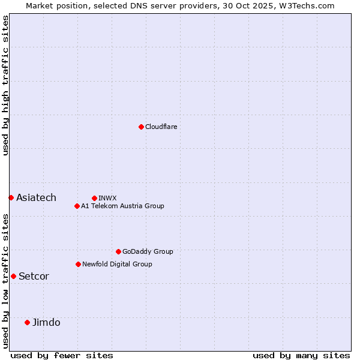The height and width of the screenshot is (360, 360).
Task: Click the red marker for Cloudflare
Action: coord(141,127)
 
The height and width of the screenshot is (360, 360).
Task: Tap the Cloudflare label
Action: coord(161,127)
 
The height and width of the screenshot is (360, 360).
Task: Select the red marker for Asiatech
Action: coord(11,197)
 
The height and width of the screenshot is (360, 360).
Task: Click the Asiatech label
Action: coord(36,197)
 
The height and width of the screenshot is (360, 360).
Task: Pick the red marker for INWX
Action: coord(94,198)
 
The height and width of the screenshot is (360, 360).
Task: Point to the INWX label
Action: coord(108,198)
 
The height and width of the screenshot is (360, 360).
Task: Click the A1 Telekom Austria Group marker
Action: coord(77,206)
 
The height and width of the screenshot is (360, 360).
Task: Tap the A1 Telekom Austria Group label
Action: coord(122,206)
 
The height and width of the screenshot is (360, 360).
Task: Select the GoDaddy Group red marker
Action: coord(118,251)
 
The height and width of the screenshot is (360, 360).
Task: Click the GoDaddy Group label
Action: coord(148,251)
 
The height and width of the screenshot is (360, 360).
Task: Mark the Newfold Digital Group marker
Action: coord(78,264)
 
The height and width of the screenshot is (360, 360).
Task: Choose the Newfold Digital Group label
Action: coord(117,264)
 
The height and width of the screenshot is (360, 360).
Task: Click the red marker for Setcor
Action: coord(13,276)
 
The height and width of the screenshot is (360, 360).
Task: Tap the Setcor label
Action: coord(34,276)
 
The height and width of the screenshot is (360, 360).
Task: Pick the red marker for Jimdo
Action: coord(27,322)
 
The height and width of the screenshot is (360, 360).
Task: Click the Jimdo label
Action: coord(46,322)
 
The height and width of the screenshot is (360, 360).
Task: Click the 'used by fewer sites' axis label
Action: coord(62,355)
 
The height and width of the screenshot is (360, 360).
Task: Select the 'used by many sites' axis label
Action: coord(301,355)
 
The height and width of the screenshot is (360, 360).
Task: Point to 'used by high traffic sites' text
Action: coord(5,85)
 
